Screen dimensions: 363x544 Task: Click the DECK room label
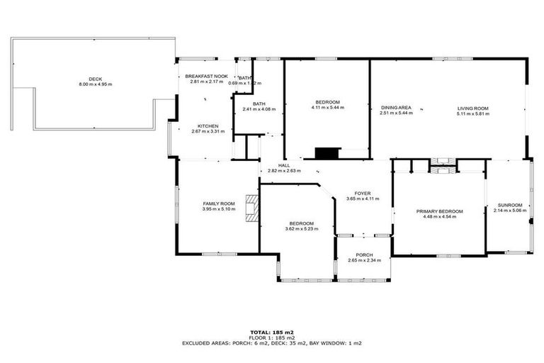96,79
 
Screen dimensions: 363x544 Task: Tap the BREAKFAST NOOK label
206,76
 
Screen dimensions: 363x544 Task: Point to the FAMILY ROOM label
218,203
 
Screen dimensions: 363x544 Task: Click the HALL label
283,165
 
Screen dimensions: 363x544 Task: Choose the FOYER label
363,193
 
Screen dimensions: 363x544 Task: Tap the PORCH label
364,255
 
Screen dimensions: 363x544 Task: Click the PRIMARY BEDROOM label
439,211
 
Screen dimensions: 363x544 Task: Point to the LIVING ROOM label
472,108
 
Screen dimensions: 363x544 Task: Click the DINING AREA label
395,108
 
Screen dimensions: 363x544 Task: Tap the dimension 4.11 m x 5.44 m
327,108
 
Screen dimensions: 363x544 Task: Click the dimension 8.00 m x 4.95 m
96,84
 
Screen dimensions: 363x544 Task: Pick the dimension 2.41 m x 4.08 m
259,109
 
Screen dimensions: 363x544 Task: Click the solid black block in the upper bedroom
327,153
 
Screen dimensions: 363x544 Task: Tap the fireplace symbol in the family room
251,209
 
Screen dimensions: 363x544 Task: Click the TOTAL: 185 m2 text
272,332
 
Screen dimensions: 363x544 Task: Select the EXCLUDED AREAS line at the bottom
272,342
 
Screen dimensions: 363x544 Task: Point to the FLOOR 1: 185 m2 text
272,337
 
